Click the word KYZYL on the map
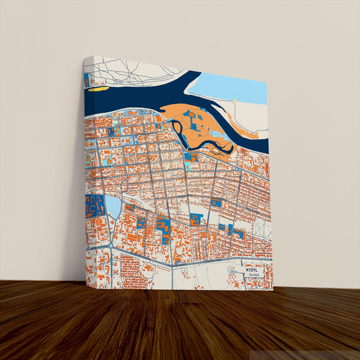253,269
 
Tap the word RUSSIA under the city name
253,276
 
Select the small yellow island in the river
99,88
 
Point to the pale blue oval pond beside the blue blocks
113,206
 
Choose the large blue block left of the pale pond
95,206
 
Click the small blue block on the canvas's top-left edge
86,80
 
